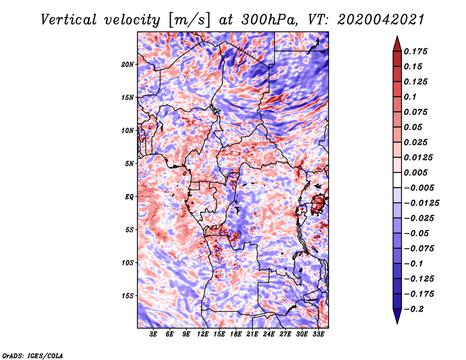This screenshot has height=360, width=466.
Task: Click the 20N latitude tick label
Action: pos(128,64)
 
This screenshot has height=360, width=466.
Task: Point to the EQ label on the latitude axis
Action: pos(129,197)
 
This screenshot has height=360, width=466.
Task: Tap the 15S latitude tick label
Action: pos(128,296)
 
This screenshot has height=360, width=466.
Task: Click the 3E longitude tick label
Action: pos(154,334)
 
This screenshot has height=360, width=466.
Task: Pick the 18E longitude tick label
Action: pos(236,334)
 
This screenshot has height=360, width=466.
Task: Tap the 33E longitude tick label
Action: pos(319,334)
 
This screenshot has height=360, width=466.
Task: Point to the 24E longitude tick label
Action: pos(269,334)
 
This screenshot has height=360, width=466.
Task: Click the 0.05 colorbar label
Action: pos(414,127)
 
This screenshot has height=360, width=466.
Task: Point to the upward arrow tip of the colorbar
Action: pos(396,38)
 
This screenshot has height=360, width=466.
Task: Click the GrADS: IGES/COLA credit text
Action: pos(32,355)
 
